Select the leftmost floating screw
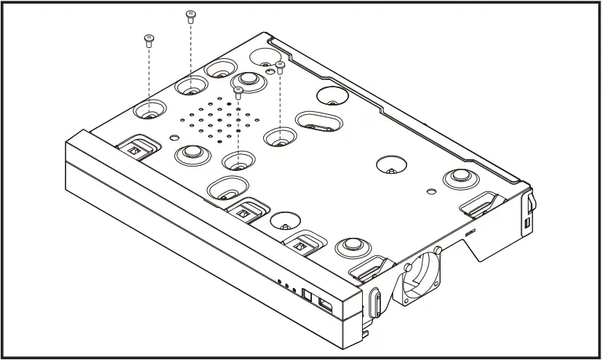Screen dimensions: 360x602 point(149,40)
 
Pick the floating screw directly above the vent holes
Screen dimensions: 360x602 point(238,92)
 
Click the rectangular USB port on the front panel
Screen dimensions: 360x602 point(326,306)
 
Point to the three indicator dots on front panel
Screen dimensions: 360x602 point(286,286)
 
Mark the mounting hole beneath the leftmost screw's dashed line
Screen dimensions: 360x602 point(148,114)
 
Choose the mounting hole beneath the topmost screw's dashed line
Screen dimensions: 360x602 point(190,92)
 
